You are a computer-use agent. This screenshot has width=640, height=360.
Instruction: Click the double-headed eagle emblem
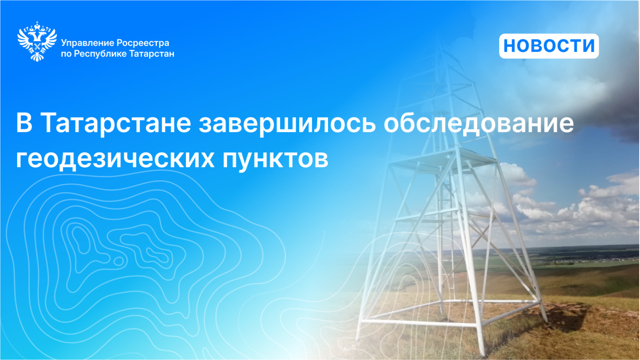pyautogui.click(x=37, y=42)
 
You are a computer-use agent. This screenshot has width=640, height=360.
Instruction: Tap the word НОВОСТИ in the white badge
pyautogui.click(x=549, y=46)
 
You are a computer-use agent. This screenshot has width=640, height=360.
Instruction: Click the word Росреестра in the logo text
pyautogui.click(x=143, y=43)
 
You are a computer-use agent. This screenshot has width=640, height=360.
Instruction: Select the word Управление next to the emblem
pyautogui.click(x=88, y=44)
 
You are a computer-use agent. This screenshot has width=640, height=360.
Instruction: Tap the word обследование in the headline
pyautogui.click(x=479, y=123)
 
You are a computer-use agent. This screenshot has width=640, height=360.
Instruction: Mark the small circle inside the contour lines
pyautogui.click(x=118, y=261)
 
